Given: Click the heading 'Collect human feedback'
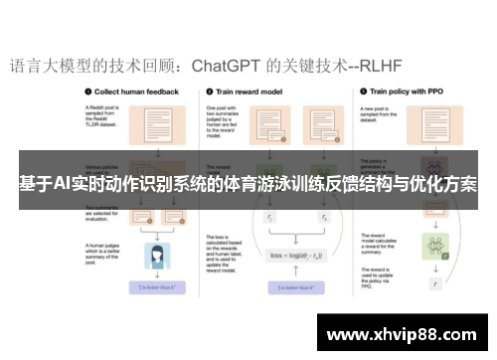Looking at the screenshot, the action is (134, 90).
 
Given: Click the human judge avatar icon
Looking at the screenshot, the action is (156, 257).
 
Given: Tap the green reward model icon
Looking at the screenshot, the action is (431, 245).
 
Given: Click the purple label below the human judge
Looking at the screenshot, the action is (156, 287).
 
